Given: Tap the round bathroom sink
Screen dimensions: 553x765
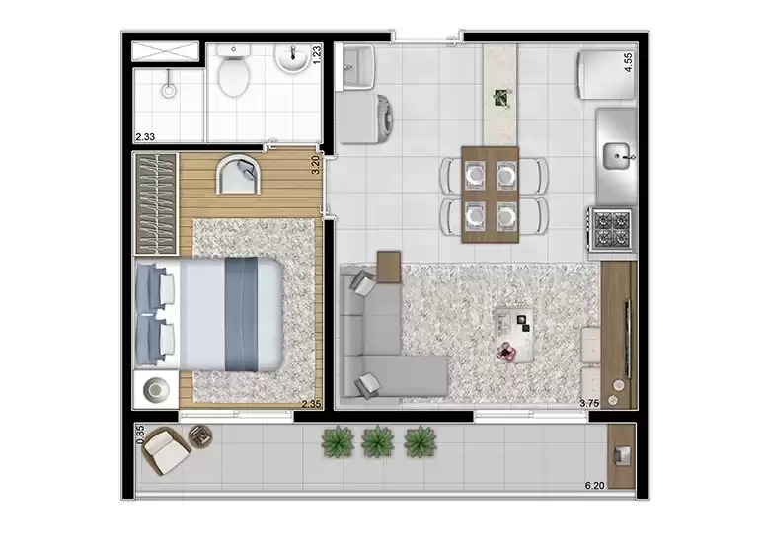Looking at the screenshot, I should pyautogui.click(x=291, y=61).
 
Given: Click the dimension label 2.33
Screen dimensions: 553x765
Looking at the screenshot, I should pyautogui.click(x=147, y=137).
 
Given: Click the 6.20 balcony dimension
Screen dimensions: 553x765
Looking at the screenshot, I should pyautogui.click(x=595, y=485).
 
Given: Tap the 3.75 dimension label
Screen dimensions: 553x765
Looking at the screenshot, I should pyautogui.click(x=589, y=403).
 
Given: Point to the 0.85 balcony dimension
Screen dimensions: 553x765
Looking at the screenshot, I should pyautogui.click(x=140, y=434).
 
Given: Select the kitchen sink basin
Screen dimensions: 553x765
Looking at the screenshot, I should pyautogui.click(x=619, y=155).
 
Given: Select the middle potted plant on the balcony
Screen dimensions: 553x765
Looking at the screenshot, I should pyautogui.click(x=377, y=441).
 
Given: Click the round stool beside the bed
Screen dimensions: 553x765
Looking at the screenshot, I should pyautogui.click(x=156, y=389).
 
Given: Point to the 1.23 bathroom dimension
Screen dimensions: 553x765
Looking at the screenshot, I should pyautogui.click(x=317, y=55).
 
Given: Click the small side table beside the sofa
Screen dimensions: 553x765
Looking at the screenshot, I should pyautogui.click(x=389, y=267).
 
